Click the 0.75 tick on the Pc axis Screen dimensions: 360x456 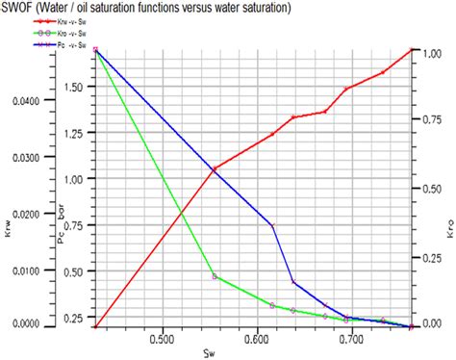75,225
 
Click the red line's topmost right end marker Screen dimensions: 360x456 412,49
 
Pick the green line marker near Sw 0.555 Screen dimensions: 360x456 215,276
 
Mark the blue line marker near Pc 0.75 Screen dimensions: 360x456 272,225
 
